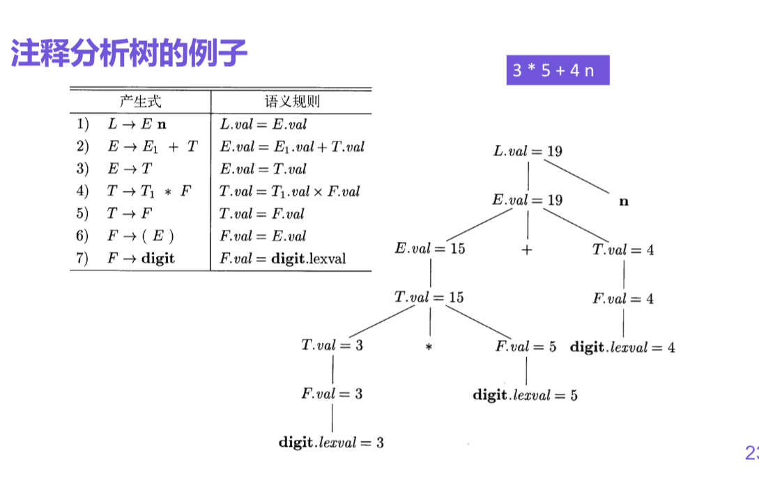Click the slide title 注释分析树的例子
click(129, 54)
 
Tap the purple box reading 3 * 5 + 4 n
click(558, 70)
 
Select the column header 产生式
click(140, 102)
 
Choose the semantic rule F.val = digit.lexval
click(282, 259)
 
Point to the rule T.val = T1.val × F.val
click(289, 192)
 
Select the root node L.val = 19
click(528, 151)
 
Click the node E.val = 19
click(527, 200)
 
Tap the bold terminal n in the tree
click(624, 201)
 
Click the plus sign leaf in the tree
click(526, 249)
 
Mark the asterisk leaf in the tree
click(429, 346)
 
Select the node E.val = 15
click(429, 249)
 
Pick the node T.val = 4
click(623, 249)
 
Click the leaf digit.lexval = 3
click(331, 443)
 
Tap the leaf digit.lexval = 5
click(525, 395)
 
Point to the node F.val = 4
click(623, 298)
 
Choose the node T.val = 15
click(429, 298)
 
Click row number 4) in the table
click(83, 192)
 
